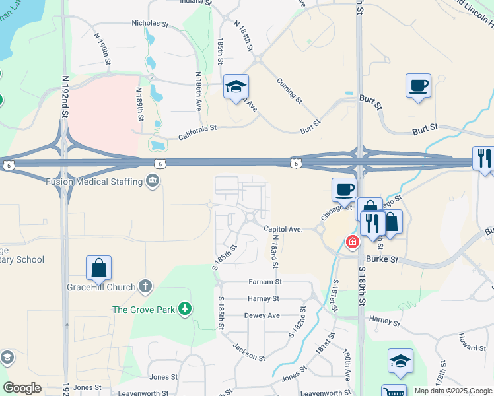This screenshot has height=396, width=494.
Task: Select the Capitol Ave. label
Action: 283,229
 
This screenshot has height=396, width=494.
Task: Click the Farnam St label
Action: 265,282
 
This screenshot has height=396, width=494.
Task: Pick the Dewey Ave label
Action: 263,315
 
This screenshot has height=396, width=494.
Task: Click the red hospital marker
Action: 353,242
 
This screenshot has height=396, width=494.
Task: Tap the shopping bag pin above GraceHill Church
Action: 98,267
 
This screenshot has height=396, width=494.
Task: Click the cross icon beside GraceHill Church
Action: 145,287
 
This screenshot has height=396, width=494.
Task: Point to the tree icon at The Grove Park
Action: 186,308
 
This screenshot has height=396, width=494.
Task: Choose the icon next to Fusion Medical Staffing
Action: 153,181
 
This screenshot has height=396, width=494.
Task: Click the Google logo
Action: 22,388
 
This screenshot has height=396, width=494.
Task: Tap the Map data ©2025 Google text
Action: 452,391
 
